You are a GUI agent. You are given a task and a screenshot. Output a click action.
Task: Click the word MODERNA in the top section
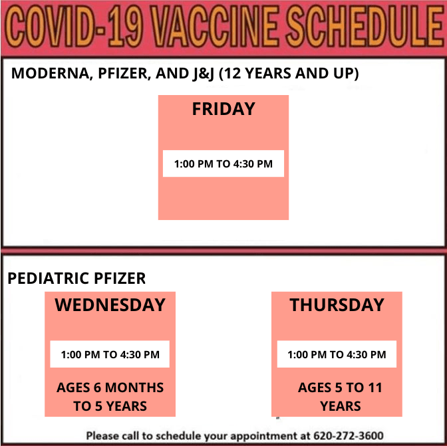(x=47, y=73)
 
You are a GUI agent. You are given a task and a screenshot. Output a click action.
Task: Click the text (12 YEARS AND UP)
(x=289, y=73)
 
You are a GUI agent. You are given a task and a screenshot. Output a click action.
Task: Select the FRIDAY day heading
(x=223, y=109)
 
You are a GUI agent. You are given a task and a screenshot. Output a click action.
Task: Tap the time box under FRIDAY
(x=223, y=164)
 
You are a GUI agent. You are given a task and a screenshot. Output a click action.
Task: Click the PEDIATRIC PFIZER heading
(x=76, y=279)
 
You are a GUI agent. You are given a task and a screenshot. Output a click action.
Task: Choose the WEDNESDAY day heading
(x=110, y=305)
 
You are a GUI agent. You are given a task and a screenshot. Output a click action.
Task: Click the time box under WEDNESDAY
(x=110, y=354)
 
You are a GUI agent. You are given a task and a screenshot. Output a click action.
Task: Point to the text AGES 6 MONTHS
(x=110, y=388)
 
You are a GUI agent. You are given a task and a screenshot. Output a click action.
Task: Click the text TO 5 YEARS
(x=110, y=405)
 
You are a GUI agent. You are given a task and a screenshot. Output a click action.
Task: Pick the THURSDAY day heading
(x=337, y=305)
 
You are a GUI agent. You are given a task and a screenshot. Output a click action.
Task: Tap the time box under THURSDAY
(x=337, y=354)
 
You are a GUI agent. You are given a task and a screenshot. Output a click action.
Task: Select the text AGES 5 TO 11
(x=340, y=388)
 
